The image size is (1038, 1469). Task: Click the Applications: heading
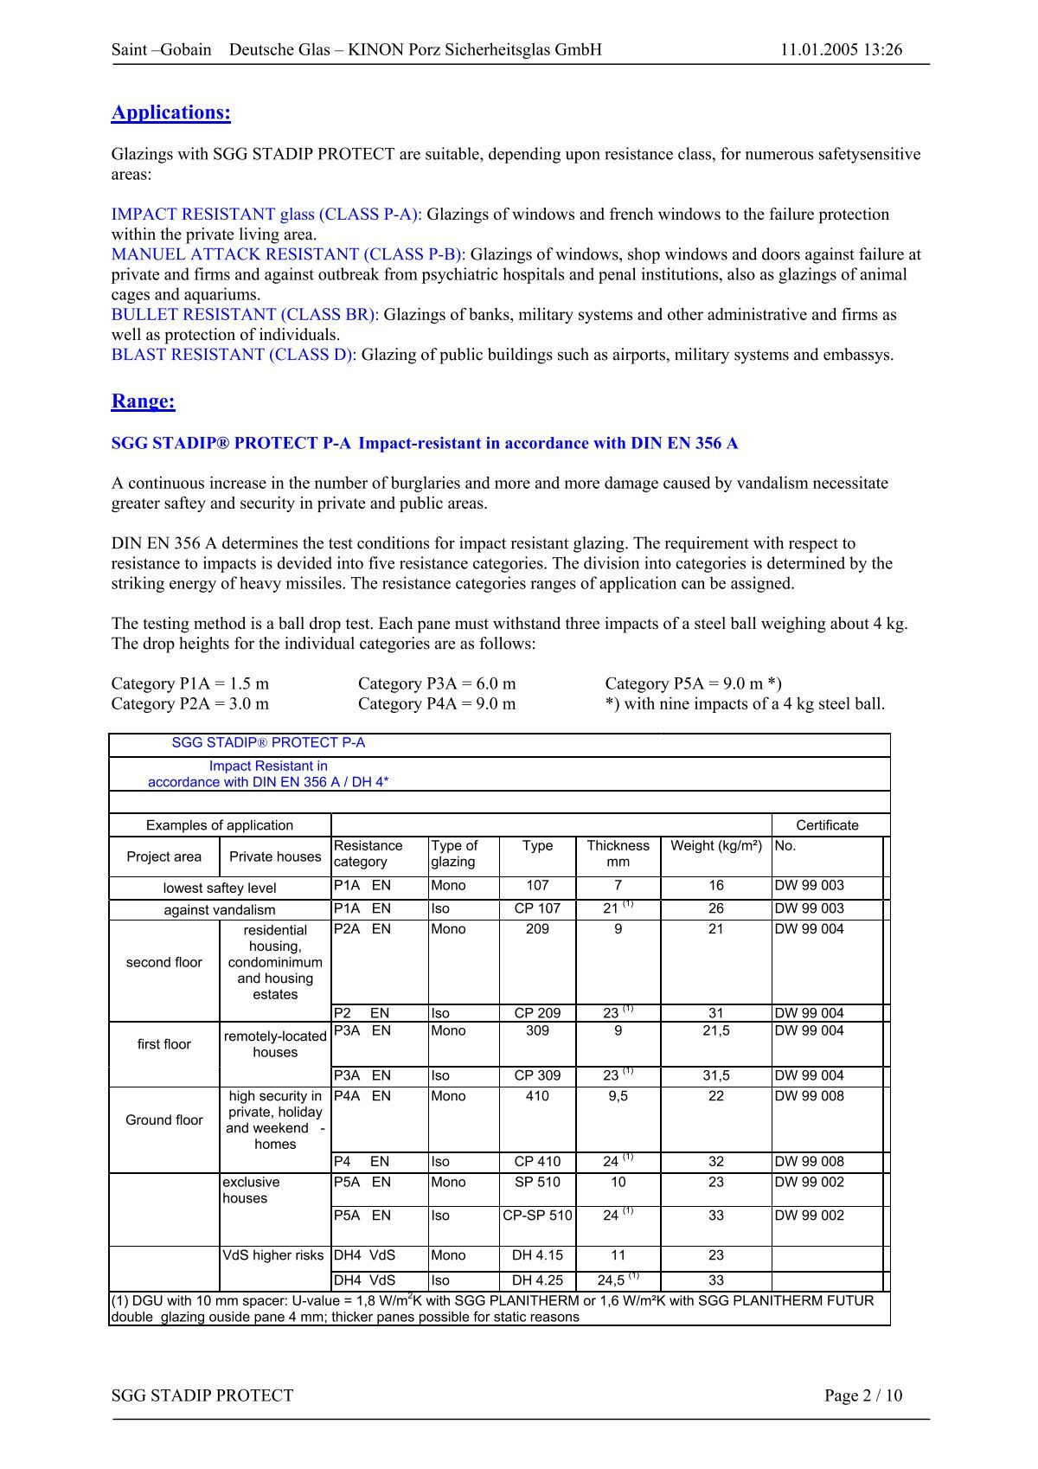171,112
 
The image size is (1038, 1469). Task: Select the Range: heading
144,401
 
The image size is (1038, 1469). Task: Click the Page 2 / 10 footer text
862,1395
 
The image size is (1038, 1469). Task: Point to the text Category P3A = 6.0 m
437,683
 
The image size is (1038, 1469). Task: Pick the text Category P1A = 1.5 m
190,683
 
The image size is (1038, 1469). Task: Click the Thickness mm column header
618,854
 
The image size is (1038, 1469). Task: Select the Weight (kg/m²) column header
716,846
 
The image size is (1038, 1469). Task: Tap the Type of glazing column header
454,854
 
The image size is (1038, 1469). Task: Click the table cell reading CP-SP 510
537,1216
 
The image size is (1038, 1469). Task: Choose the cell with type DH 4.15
537,1255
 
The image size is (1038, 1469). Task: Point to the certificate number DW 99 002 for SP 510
809,1183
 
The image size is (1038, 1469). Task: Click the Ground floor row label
164,1120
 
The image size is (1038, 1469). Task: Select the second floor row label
164,963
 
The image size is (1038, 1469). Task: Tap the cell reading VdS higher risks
273,1255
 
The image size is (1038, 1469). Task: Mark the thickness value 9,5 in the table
618,1096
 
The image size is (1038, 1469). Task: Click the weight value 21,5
716,1031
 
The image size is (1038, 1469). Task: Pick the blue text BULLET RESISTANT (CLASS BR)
243,315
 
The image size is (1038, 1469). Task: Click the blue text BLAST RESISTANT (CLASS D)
233,355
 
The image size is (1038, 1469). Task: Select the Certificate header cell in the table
827,825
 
